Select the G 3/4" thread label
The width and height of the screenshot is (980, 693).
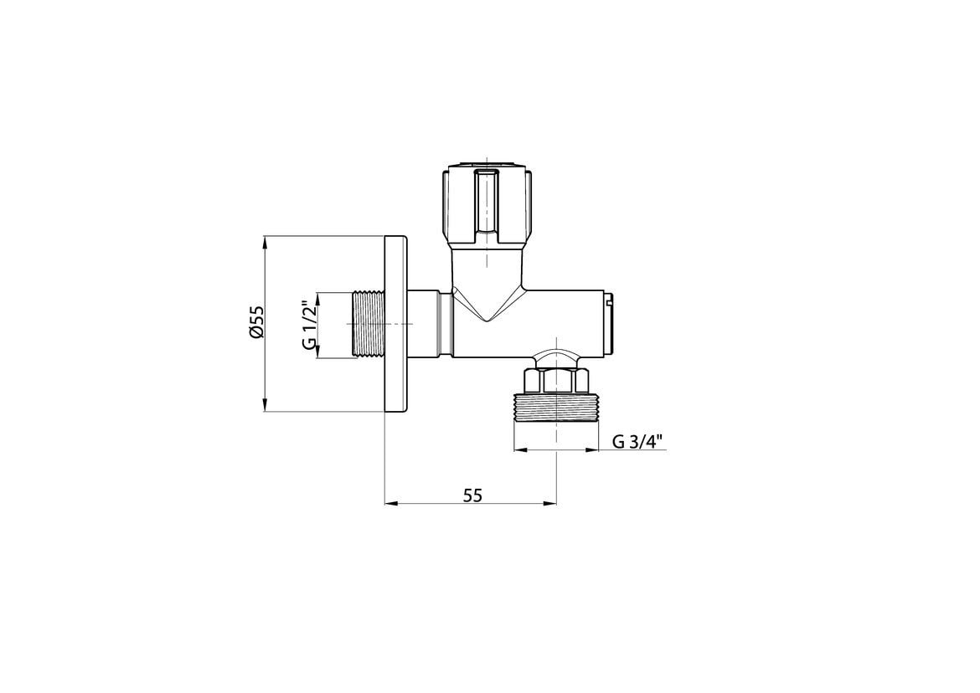click(x=637, y=442)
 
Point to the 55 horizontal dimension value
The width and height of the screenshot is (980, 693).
click(x=473, y=495)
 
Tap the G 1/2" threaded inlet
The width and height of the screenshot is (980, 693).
click(x=368, y=324)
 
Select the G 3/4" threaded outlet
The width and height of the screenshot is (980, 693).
click(x=556, y=407)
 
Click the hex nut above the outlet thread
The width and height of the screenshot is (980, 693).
click(x=556, y=381)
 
